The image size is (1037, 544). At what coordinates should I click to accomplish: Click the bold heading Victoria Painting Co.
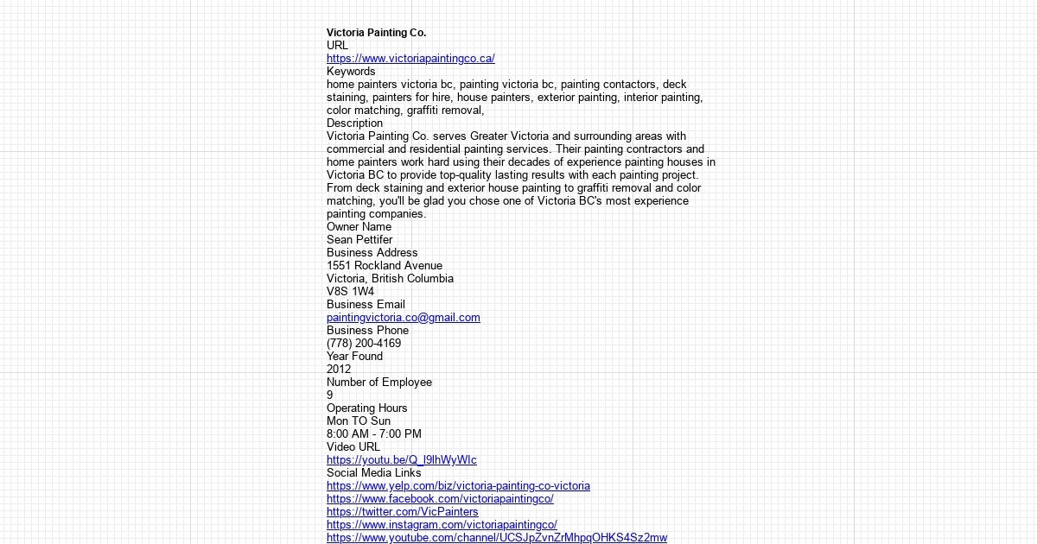coord(376,33)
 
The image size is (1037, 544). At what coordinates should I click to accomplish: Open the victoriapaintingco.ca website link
coord(410,59)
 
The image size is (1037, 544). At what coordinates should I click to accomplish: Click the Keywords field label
coord(351,72)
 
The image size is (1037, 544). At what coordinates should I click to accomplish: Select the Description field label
coord(354,123)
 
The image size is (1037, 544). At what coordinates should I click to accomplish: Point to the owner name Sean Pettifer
coord(359,240)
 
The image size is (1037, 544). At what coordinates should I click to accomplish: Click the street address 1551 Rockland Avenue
coord(385,266)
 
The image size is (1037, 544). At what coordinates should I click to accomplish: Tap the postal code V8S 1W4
coord(350,292)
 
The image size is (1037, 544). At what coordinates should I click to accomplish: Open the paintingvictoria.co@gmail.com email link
coord(404,318)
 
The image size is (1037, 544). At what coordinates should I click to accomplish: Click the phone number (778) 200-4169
coord(364,344)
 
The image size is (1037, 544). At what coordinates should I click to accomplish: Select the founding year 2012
coord(339,370)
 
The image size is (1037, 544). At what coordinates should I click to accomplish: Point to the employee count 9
coord(329,395)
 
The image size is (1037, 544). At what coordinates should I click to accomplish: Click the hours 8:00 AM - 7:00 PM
coord(374,434)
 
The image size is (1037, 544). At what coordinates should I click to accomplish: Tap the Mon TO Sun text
coord(359,421)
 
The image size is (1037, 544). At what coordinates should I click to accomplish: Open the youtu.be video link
coord(402,460)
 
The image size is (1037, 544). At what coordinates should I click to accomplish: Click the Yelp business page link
coord(458,486)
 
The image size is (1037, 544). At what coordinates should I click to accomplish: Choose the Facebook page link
coord(440,499)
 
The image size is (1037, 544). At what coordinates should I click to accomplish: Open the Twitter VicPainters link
coord(403,512)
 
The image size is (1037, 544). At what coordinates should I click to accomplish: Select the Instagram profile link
coord(442,525)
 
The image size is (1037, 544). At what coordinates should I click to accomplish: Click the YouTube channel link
coord(497,538)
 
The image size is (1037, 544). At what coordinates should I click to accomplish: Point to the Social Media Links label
coord(374,473)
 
